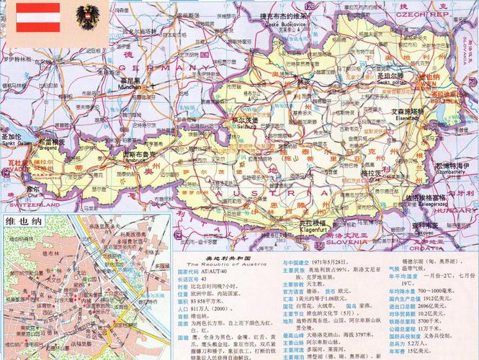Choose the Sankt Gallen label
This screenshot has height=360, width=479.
point(16,140)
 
